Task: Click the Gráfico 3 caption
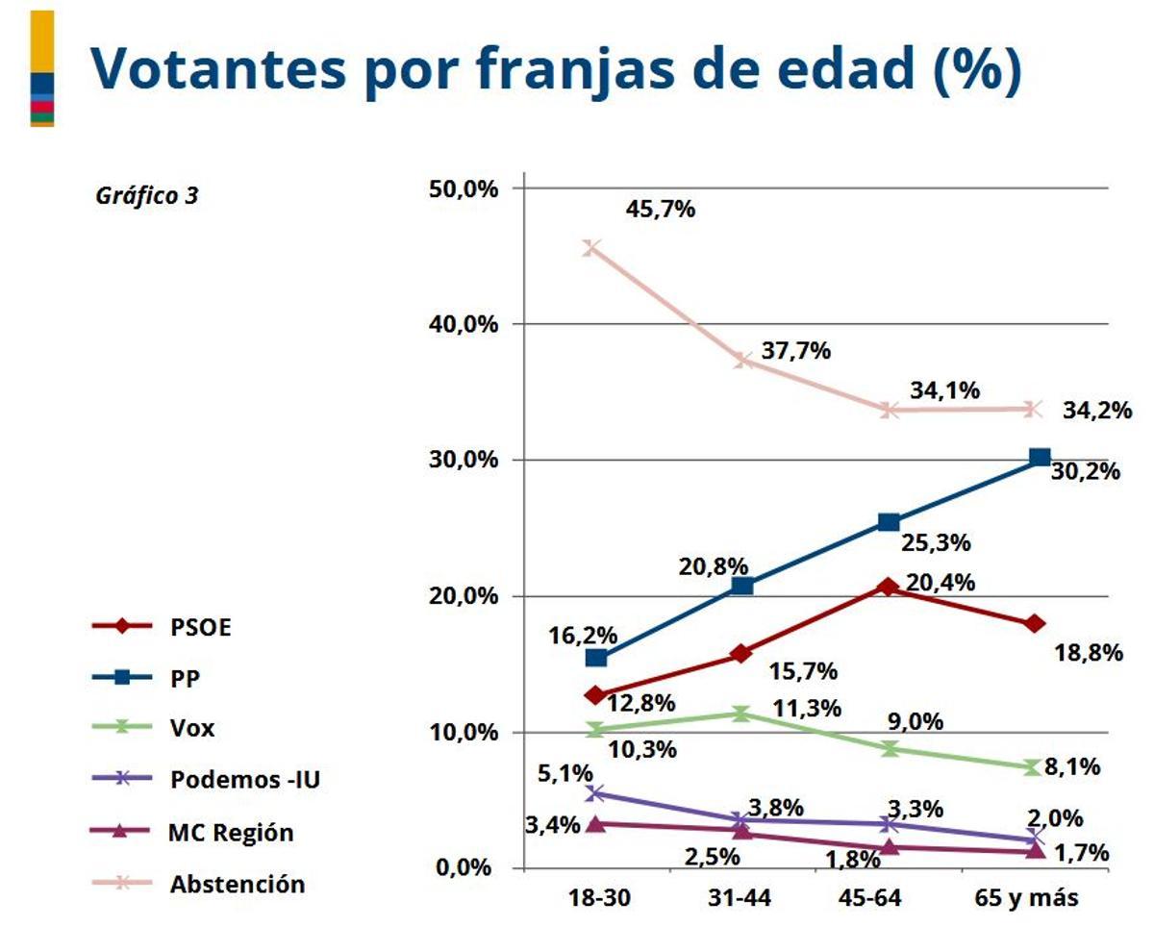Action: [147, 195]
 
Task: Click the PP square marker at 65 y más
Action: [1040, 458]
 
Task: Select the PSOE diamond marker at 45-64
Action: [888, 587]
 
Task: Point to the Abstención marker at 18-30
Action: [592, 248]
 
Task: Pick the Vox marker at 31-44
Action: [740, 714]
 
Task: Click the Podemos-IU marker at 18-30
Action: [595, 793]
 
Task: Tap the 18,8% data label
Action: [1089, 653]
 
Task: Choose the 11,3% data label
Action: [808, 709]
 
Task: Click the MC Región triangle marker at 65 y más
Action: [1036, 851]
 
